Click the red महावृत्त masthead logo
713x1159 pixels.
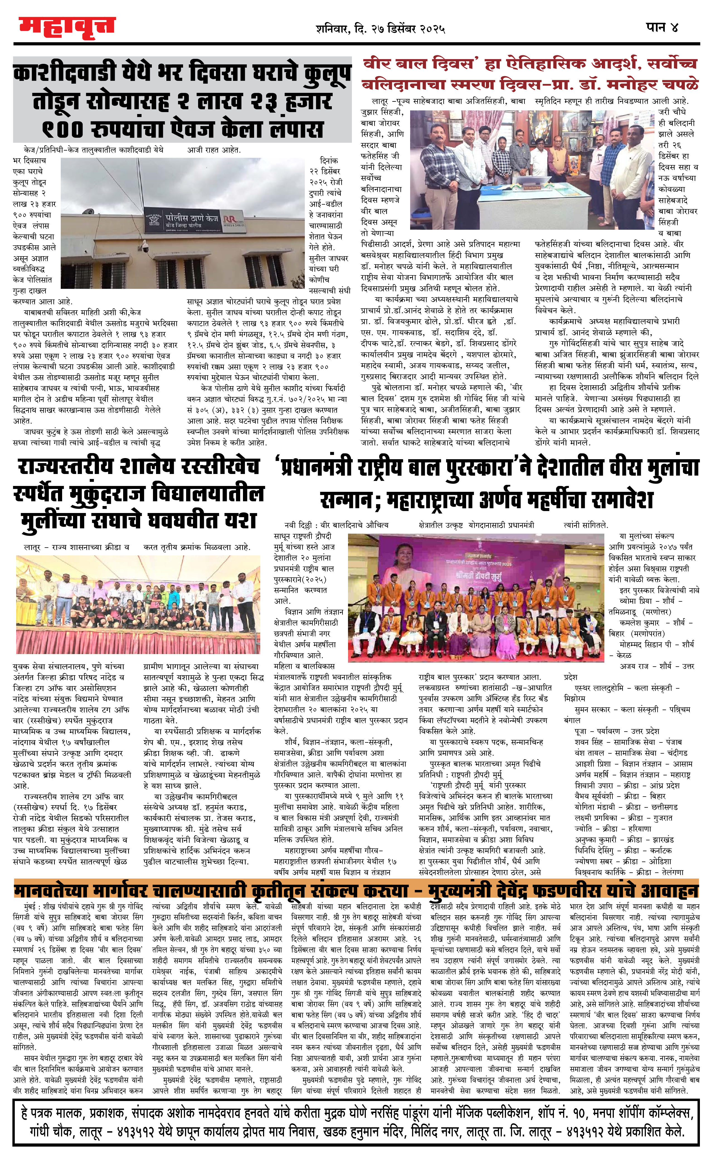click(x=67, y=27)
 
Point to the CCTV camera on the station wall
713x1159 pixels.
click(x=145, y=245)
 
